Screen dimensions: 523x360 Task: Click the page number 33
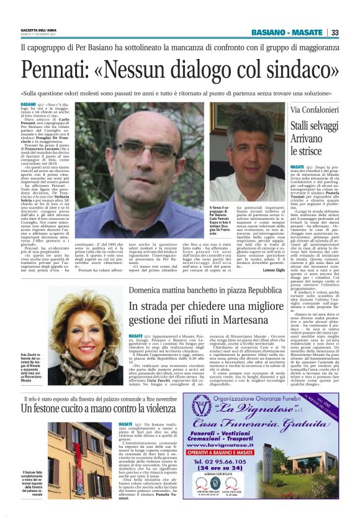point(335,32)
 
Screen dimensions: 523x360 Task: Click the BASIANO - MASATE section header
point(290,32)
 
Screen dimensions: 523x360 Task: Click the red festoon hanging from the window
point(76,453)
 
